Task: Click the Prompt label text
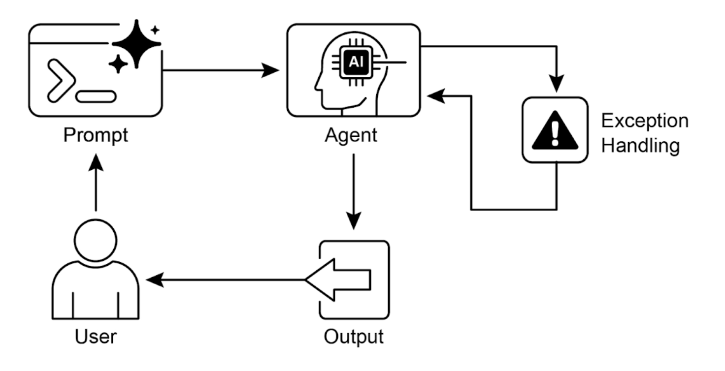click(x=95, y=135)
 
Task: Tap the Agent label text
click(x=351, y=135)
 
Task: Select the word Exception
click(x=645, y=121)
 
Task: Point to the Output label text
click(x=353, y=337)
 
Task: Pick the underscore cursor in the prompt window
click(x=96, y=96)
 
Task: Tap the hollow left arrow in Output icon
click(x=337, y=280)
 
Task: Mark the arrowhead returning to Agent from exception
click(x=435, y=96)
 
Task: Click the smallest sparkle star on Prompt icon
click(x=155, y=30)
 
